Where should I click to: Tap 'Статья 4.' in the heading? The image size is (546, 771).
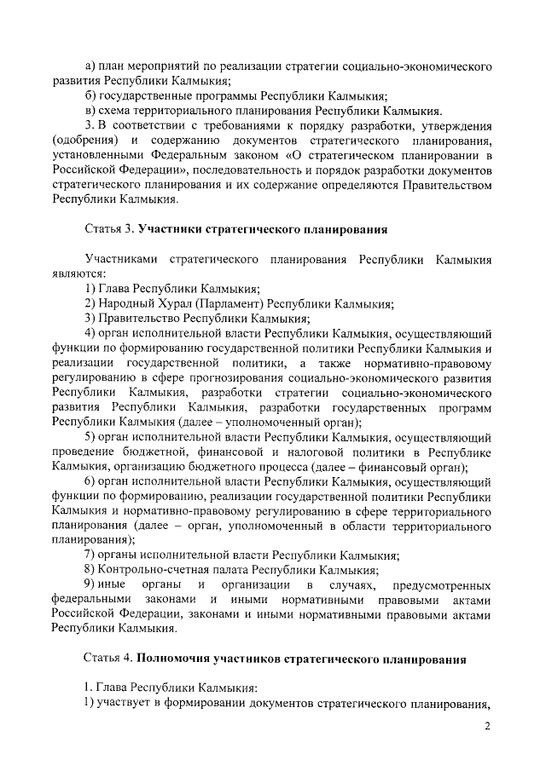click(108, 659)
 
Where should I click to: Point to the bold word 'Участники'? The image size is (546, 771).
click(171, 230)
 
